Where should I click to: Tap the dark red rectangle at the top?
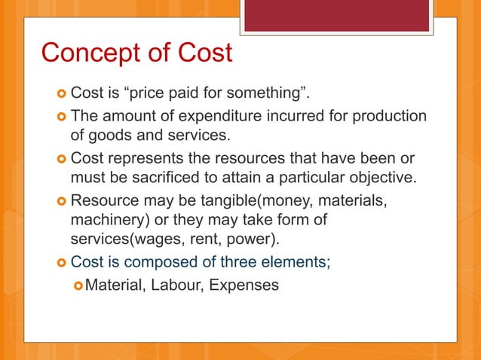(x=337, y=16)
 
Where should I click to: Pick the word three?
(x=228, y=263)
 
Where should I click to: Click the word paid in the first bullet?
(x=179, y=94)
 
